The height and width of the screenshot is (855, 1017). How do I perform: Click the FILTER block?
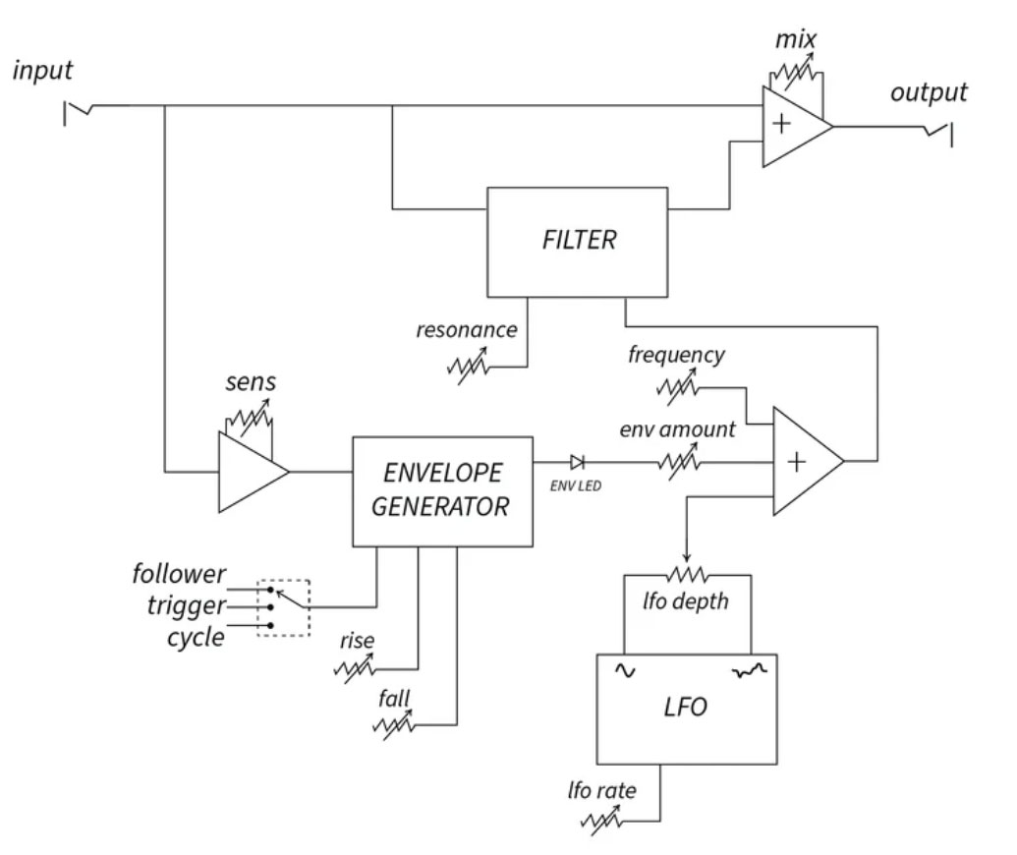pyautogui.click(x=579, y=241)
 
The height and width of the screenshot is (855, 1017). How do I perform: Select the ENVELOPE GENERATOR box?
pyautogui.click(x=443, y=490)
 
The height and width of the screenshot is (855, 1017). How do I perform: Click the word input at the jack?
pyautogui.click(x=43, y=72)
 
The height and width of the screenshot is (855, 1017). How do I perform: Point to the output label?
pyautogui.click(x=929, y=93)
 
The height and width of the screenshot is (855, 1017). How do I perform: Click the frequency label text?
pyautogui.click(x=676, y=355)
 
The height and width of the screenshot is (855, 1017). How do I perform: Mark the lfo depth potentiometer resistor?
pyautogui.click(x=688, y=573)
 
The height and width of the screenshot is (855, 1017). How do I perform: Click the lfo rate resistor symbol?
pyautogui.click(x=601, y=820)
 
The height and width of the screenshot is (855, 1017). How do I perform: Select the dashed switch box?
pyautogui.click(x=283, y=607)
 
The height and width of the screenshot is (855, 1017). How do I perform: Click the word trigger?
pyautogui.click(x=187, y=606)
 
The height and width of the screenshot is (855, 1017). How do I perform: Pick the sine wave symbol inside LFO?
pyautogui.click(x=624, y=670)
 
